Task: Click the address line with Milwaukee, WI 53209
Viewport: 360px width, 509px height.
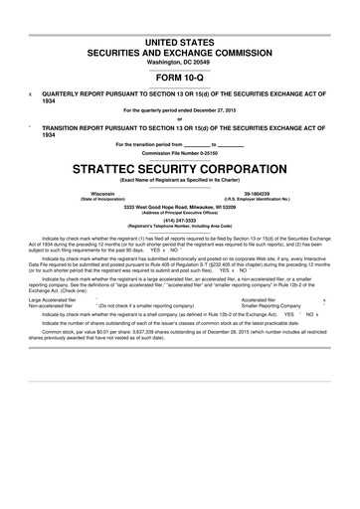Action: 179,206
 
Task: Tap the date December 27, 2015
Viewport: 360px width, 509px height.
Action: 212,109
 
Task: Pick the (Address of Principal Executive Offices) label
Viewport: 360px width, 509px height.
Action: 179,212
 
